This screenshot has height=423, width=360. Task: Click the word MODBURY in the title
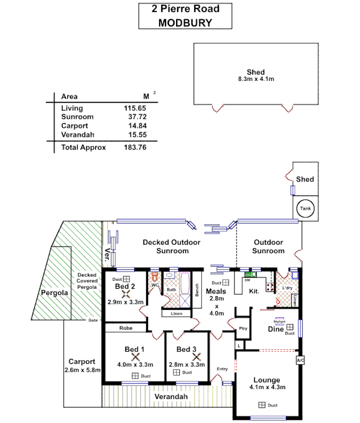click(x=185, y=23)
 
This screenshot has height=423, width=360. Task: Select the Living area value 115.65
click(x=135, y=108)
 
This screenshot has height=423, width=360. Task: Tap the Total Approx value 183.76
click(x=135, y=148)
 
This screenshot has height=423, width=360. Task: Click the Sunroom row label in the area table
click(x=77, y=117)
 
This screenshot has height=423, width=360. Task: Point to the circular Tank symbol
click(x=306, y=208)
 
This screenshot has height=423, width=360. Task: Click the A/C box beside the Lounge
click(x=300, y=360)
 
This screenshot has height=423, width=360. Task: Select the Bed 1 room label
click(x=134, y=349)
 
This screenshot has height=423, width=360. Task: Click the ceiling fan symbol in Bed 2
click(x=126, y=294)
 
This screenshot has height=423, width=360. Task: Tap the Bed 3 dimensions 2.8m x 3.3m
click(x=187, y=364)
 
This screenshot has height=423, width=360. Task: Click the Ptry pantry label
click(x=243, y=328)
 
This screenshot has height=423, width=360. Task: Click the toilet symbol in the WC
click(x=154, y=277)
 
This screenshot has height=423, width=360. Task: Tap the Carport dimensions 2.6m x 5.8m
click(x=82, y=370)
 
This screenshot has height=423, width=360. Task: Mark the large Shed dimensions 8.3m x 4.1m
click(x=256, y=79)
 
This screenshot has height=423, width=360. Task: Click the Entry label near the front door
click(x=222, y=369)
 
